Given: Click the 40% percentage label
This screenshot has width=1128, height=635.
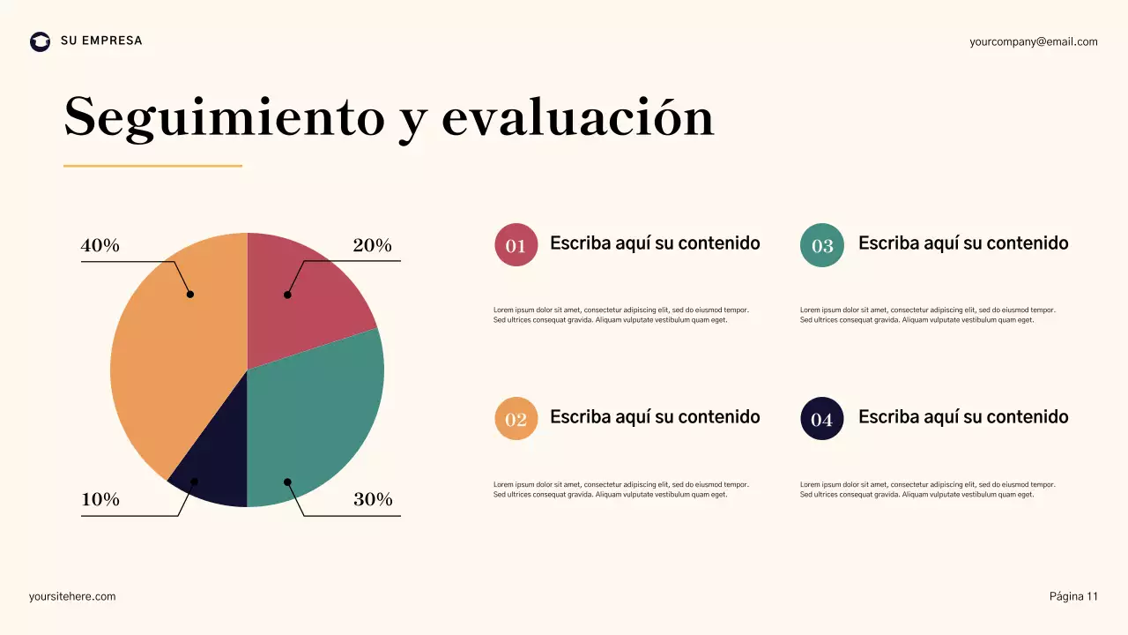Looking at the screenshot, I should tap(100, 246).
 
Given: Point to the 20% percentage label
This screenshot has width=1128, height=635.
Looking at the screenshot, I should tap(372, 246).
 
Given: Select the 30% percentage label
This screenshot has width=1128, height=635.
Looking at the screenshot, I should tap(373, 499).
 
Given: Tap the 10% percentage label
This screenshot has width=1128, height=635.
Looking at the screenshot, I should tap(100, 499).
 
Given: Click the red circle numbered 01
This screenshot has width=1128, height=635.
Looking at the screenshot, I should tap(516, 245).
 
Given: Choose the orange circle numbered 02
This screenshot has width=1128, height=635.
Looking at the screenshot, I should tap(516, 419).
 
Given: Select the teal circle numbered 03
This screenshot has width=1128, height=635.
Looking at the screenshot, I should tap(821, 245).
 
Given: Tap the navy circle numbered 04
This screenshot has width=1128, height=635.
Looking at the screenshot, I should tap(821, 419).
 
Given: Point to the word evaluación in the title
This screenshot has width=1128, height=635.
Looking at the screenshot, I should tap(577, 117).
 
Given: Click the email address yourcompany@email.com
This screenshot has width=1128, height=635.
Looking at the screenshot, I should tap(1033, 41).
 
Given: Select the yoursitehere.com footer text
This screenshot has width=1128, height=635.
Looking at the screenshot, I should tap(72, 596).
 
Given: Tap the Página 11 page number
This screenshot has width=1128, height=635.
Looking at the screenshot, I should tap(1073, 596).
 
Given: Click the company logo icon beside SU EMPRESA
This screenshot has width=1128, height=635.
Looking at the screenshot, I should tap(41, 41).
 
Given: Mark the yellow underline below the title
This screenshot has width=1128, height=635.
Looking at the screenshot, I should tap(152, 165).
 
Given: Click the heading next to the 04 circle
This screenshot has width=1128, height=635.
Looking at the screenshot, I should tap(962, 417).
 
